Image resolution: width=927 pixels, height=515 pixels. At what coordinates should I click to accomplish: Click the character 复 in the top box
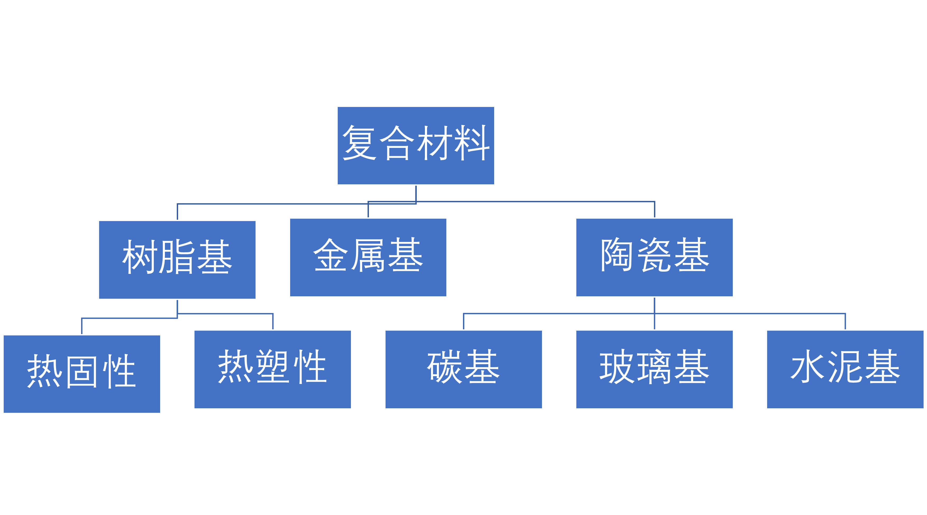pos(360,143)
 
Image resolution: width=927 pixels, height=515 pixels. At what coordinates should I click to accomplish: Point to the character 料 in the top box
pos(471,143)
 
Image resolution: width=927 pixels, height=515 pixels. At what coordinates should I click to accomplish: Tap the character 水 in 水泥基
pos(808,367)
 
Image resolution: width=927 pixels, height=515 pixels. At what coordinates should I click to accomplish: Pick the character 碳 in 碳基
pos(445,367)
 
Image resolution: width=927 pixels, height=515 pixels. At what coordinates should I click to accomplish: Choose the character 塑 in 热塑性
pos(272,367)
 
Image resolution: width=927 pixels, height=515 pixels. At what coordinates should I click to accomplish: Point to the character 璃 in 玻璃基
pos(654,367)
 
